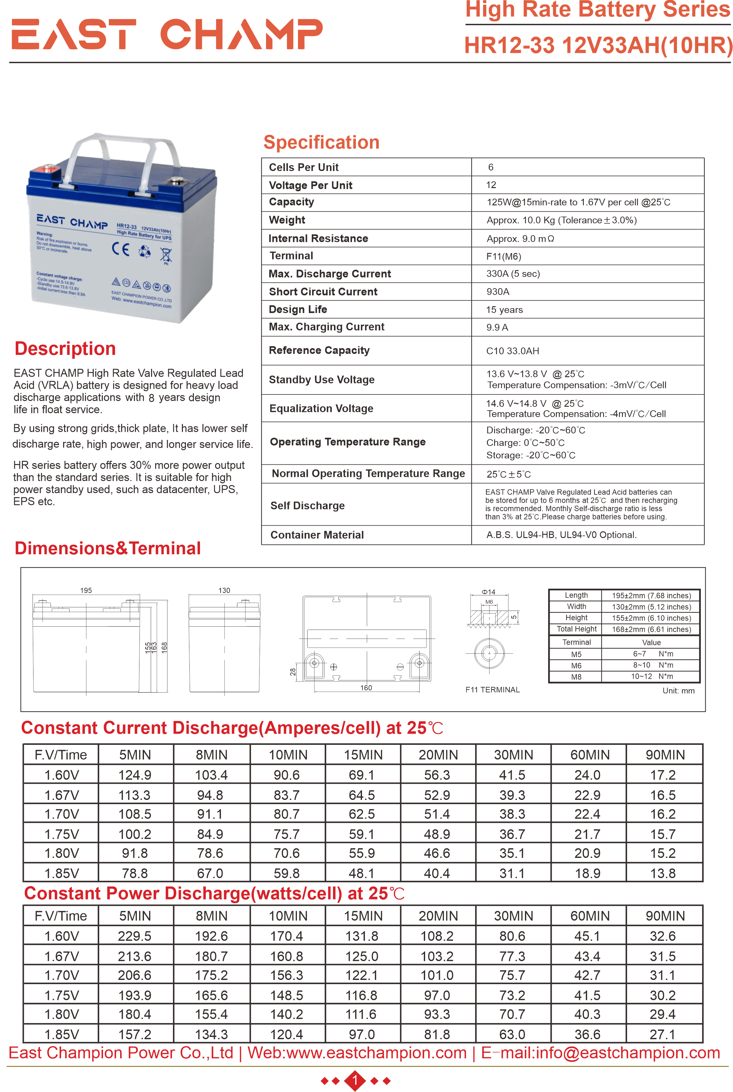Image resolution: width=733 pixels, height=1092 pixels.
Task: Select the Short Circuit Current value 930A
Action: [497, 292]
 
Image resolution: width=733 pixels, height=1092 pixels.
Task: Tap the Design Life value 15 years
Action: [504, 310]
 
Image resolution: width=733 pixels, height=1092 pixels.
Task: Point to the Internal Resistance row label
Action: [318, 238]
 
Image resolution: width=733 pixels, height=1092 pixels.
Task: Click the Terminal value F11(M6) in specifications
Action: [503, 256]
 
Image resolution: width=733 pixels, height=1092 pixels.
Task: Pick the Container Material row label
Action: [317, 535]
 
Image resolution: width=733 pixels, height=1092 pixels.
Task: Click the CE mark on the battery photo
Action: [120, 249]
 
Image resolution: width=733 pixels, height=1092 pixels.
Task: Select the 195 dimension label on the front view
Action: [86, 590]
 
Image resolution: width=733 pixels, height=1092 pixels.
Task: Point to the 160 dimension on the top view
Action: [366, 688]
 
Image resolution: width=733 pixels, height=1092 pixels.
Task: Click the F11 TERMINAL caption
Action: [492, 689]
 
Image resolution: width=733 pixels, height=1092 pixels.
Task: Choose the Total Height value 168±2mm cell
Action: [651, 629]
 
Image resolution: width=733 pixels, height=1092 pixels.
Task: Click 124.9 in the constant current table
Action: [135, 775]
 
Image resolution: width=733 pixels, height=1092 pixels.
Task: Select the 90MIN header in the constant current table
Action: [665, 755]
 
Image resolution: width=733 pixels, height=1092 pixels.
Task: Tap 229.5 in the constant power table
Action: [135, 936]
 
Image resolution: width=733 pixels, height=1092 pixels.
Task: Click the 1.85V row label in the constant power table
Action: [62, 1034]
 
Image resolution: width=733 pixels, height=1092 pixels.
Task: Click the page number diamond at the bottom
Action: [355, 1080]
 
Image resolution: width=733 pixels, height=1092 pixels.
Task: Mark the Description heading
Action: [65, 349]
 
